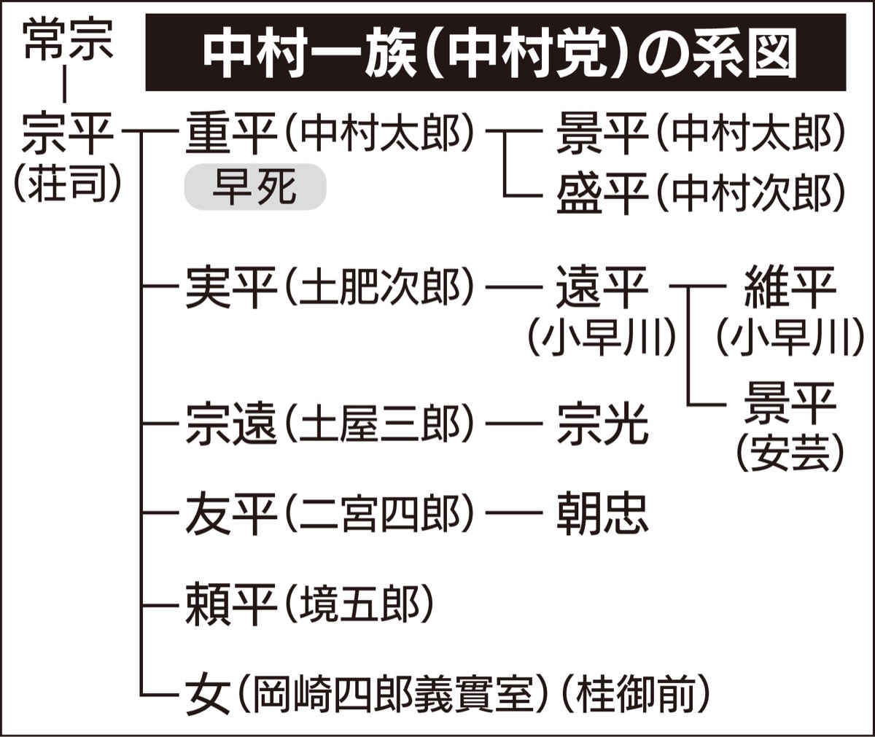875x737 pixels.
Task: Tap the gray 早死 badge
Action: point(254,187)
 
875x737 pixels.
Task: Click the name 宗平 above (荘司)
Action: point(66,135)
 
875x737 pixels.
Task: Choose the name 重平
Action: point(230,134)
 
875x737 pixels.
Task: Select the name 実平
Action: point(230,289)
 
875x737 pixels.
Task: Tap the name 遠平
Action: point(601,287)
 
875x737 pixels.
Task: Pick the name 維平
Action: point(789,287)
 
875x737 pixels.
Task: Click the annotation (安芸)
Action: point(789,453)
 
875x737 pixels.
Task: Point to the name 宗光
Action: point(602,423)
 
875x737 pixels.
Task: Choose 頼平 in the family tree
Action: point(230,604)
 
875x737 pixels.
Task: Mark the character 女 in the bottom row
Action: point(209,695)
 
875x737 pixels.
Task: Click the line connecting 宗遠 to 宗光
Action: point(514,424)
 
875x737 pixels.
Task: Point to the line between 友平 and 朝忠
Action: point(514,513)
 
